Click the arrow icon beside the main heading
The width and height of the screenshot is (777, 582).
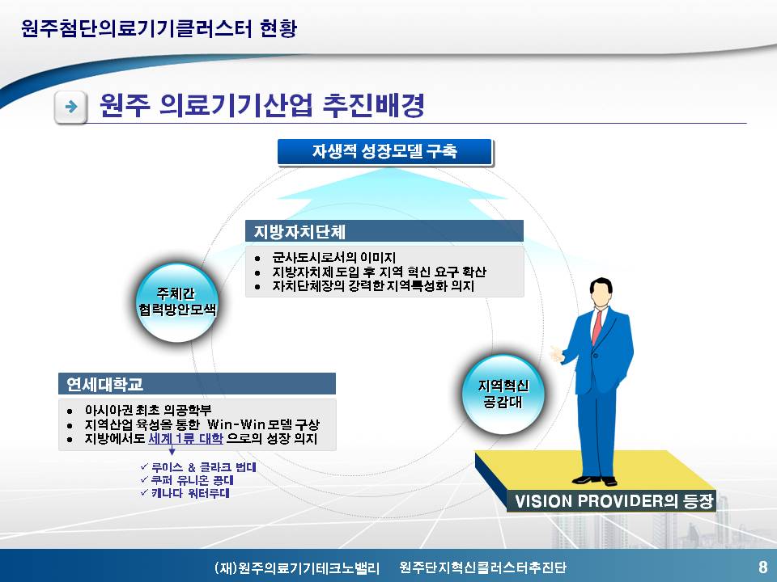click(x=71, y=107)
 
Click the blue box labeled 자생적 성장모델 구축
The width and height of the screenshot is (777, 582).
click(x=385, y=152)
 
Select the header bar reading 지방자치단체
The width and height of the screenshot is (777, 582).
click(x=384, y=231)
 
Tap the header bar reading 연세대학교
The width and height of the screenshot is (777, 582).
click(x=197, y=383)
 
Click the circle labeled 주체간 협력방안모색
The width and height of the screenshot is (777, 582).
click(x=177, y=302)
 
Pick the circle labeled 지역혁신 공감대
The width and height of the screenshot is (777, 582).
click(x=503, y=394)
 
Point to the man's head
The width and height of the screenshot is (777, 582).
click(x=601, y=293)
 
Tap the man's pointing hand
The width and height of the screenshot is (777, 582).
click(x=558, y=354)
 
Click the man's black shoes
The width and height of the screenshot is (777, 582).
click(x=594, y=480)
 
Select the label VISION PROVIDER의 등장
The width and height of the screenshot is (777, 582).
click(x=614, y=501)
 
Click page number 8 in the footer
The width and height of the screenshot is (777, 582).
click(x=762, y=566)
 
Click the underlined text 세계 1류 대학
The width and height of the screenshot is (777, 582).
click(x=186, y=438)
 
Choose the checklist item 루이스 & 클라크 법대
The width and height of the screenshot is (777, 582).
click(x=199, y=466)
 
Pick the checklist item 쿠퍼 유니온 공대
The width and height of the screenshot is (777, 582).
click(x=187, y=479)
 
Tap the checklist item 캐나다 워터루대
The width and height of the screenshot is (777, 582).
click(x=185, y=493)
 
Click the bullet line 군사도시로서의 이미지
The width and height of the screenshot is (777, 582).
click(x=333, y=257)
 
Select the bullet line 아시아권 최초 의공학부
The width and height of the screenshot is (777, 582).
click(x=148, y=411)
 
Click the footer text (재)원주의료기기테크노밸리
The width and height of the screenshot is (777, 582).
click(x=297, y=567)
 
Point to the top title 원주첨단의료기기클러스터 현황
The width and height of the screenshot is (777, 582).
click(x=159, y=27)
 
